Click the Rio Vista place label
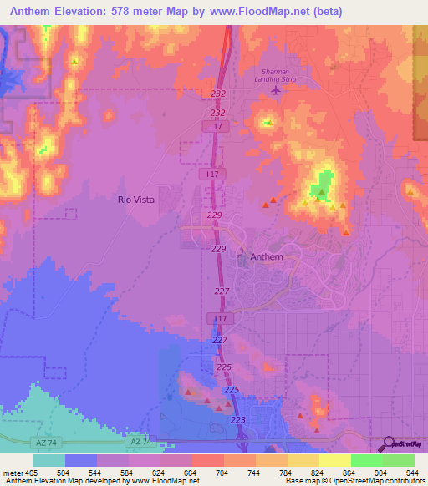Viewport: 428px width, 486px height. [x=135, y=200]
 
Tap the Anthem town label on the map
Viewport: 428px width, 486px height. [x=266, y=257]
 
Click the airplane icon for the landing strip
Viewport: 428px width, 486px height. [x=277, y=90]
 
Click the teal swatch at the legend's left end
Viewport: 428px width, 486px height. [x=49, y=460]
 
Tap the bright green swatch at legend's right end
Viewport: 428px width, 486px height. [x=398, y=460]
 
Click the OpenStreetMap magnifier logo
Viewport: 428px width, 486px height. [x=388, y=443]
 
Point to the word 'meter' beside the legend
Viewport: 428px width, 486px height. [x=13, y=473]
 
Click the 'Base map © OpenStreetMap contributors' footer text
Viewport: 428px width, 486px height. [x=354, y=482]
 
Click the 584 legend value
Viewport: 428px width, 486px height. [x=128, y=473]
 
